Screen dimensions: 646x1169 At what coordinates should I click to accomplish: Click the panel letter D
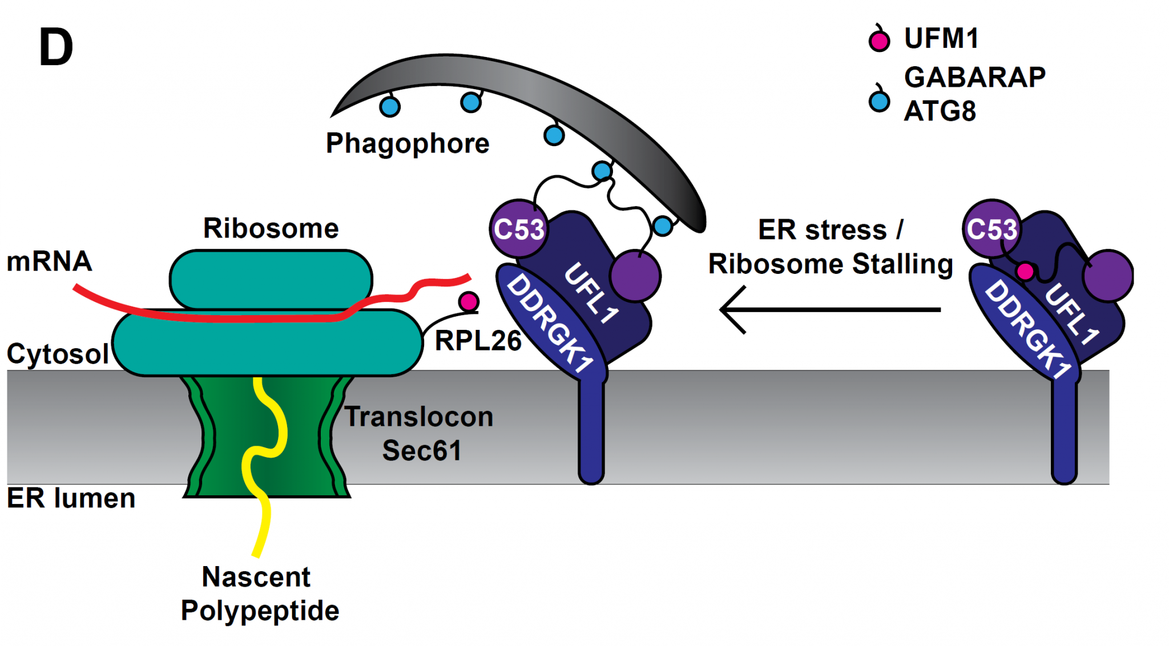click(x=56, y=48)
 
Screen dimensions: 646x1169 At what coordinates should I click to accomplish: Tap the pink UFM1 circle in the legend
click(x=879, y=41)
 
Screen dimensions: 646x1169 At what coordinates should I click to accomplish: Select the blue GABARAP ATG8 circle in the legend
click(x=879, y=102)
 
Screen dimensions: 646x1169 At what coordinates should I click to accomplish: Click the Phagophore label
click(x=407, y=143)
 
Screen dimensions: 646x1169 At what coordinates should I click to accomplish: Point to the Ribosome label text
click(x=271, y=228)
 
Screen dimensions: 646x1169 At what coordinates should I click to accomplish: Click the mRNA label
click(x=49, y=261)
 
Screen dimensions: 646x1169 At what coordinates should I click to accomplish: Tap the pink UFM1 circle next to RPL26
click(x=469, y=301)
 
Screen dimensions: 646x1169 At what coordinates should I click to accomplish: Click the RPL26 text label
click(x=478, y=341)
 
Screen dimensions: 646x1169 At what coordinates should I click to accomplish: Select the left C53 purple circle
click(x=518, y=229)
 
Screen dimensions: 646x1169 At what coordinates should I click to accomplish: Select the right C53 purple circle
click(x=991, y=229)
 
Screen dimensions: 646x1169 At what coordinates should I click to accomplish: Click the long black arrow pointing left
click(x=831, y=309)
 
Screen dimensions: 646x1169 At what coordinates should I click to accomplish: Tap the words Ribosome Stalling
click(x=831, y=264)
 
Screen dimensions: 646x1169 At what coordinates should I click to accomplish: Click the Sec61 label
click(x=421, y=451)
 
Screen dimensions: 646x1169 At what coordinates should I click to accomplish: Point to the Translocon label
click(x=419, y=417)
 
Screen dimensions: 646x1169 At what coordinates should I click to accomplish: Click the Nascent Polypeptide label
click(x=259, y=593)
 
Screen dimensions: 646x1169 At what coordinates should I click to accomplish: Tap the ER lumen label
click(x=71, y=498)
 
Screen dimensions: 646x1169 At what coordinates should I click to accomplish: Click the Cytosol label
click(x=58, y=354)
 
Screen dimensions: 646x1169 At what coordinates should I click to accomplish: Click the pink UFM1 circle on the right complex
click(x=1025, y=271)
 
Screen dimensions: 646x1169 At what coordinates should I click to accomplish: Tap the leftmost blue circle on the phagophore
click(x=390, y=107)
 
